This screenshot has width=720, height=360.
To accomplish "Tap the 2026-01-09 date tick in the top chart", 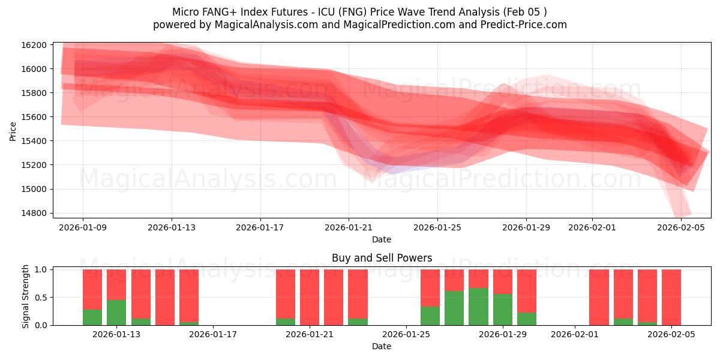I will [x=83, y=227].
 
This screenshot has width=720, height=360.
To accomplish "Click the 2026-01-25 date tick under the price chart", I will [x=437, y=227].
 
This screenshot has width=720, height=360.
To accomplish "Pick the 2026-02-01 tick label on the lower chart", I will [x=575, y=335].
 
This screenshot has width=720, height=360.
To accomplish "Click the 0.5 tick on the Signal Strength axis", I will [x=40, y=298].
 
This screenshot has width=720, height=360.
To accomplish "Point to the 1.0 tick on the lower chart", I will [x=40, y=270].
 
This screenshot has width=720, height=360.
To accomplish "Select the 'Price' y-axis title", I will [x=13, y=131].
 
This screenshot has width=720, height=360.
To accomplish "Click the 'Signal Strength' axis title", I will [x=25, y=296].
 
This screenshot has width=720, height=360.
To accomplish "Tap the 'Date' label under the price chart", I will [x=382, y=239].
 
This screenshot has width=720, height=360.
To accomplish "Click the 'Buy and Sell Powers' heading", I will [x=382, y=259].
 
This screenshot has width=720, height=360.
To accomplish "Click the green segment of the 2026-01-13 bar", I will [x=116, y=313].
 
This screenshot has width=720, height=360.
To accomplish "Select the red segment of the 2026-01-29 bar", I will [x=503, y=281].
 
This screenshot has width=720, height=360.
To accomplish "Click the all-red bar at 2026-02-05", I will [x=671, y=297].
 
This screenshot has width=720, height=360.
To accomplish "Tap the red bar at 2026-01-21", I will [x=310, y=297].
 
